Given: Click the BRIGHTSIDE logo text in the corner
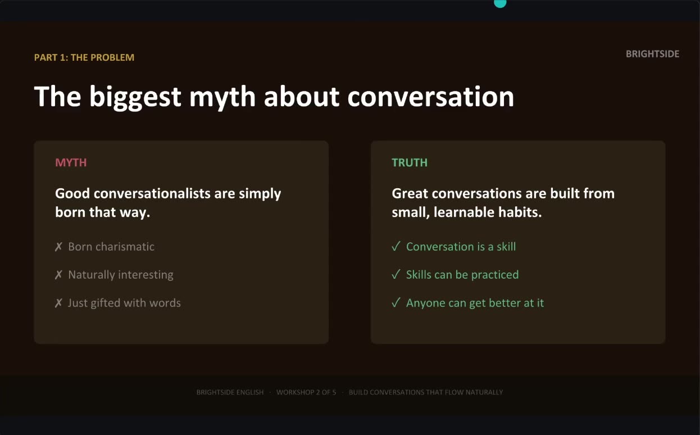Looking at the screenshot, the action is (652, 54).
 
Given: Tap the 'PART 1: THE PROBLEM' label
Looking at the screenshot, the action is (84, 57).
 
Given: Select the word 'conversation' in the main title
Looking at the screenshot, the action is (431, 97).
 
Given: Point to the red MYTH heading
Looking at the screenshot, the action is (71, 162).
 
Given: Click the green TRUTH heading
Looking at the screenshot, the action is (410, 162).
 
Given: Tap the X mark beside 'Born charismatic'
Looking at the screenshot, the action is (58, 247).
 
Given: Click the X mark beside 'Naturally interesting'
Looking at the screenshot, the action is (58, 275).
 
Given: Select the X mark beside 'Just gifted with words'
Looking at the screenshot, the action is (58, 303).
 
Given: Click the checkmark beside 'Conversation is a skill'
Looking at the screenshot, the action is (396, 246).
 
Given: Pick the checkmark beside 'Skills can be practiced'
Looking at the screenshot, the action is (396, 274).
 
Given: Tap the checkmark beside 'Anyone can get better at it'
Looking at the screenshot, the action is (396, 302).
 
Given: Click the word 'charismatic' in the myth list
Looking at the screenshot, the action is (125, 247).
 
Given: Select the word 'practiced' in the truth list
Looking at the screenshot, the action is (495, 275).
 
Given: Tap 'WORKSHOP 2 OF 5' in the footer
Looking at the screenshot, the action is (306, 392).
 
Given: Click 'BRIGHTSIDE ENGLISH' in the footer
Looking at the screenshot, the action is (230, 392).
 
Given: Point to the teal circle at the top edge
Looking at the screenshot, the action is (500, 3).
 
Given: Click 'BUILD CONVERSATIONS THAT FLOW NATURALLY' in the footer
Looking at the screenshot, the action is (426, 392).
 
